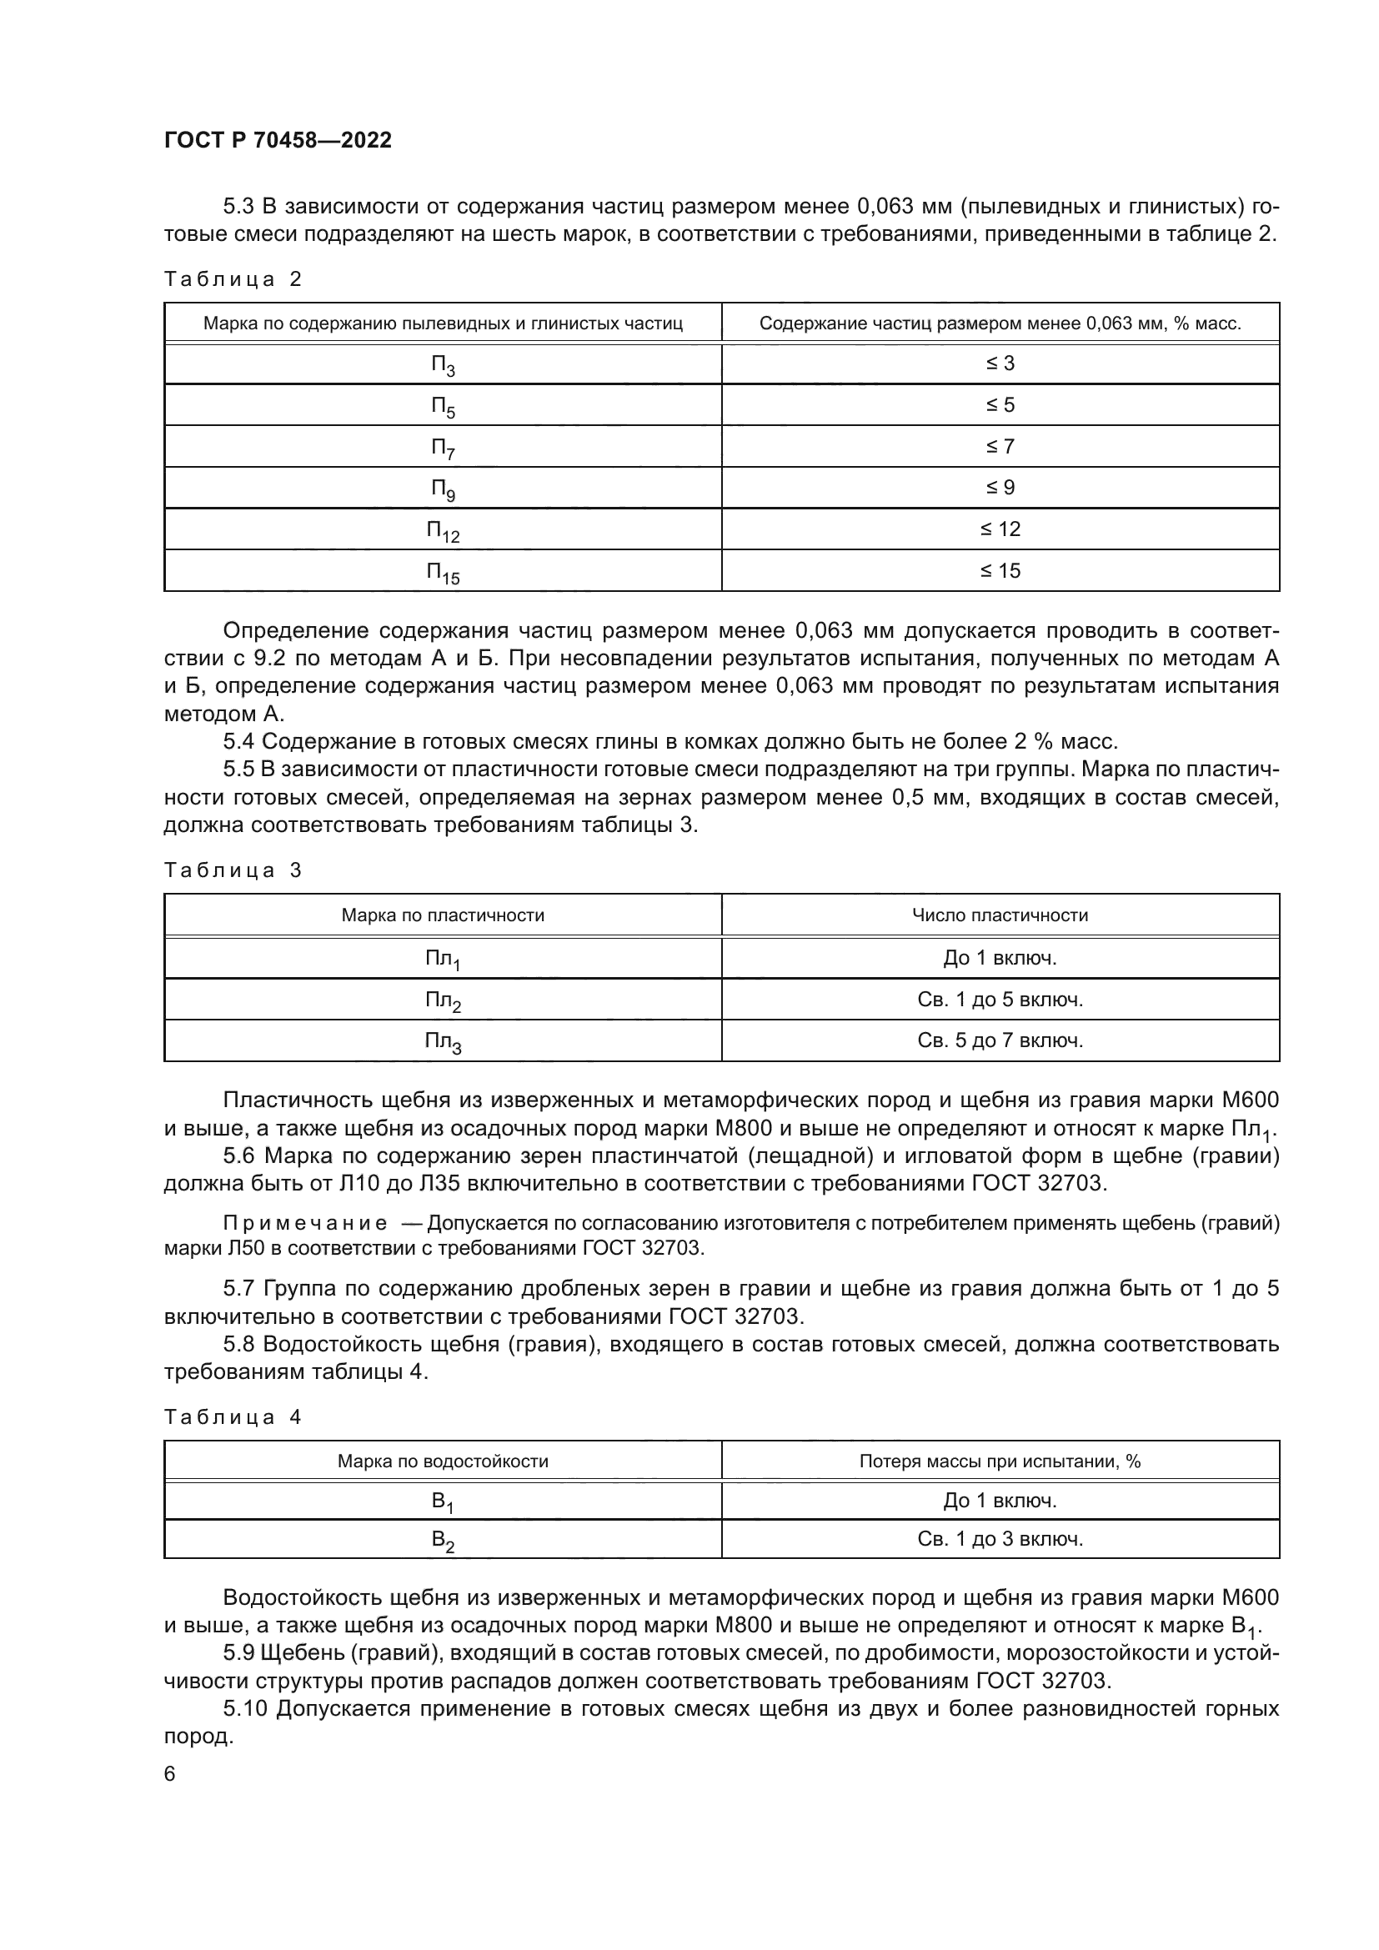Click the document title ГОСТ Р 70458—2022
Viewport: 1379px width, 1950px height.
278,140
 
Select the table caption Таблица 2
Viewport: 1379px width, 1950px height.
233,279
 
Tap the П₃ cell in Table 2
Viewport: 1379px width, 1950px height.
443,365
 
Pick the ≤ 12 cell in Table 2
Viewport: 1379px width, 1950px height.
1000,529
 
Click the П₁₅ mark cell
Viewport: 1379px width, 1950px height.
443,573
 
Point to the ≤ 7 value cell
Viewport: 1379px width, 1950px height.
1000,446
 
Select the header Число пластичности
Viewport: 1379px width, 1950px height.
1000,915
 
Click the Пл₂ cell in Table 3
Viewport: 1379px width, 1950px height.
443,1001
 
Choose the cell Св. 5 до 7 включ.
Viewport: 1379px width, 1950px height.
1000,1040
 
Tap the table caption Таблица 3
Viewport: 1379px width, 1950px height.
233,870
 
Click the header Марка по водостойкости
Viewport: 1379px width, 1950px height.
443,1461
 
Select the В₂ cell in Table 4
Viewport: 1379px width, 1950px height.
443,1541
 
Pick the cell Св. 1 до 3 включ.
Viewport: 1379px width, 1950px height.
1000,1539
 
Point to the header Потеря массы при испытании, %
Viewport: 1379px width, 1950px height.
1000,1461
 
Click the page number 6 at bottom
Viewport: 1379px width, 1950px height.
170,1773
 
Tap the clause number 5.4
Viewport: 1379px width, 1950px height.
238,741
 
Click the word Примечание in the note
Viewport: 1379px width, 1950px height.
305,1224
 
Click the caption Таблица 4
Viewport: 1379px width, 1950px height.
233,1417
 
